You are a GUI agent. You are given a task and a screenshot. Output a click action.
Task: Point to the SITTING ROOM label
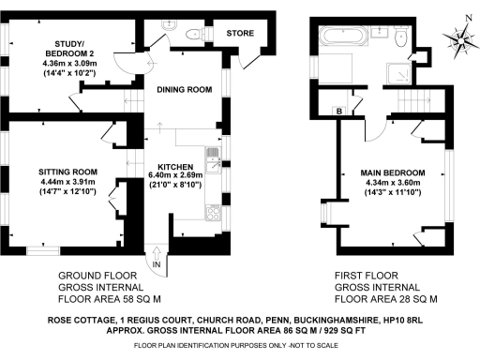pyautogui.click(x=68, y=172)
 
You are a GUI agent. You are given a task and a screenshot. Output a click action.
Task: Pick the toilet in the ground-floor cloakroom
pyautogui.click(x=192, y=34)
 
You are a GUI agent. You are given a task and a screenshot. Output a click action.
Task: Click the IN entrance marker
pyautogui.click(x=157, y=266)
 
